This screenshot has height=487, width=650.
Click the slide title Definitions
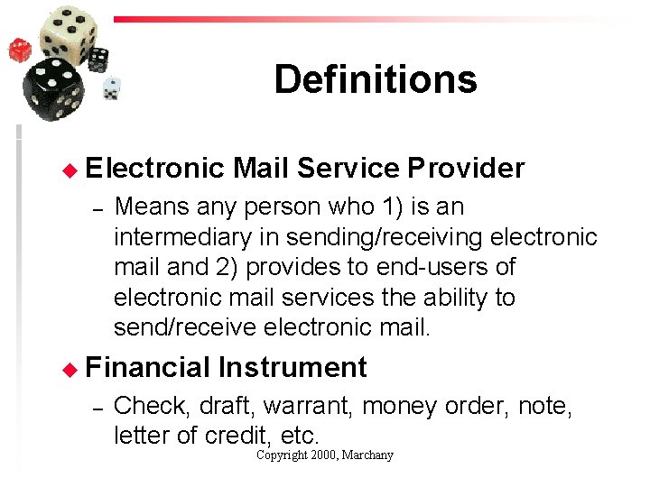[x=375, y=79]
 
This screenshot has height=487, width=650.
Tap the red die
[x=20, y=50]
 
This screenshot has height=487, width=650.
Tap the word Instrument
[x=292, y=367]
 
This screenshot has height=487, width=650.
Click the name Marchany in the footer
[x=367, y=455]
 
